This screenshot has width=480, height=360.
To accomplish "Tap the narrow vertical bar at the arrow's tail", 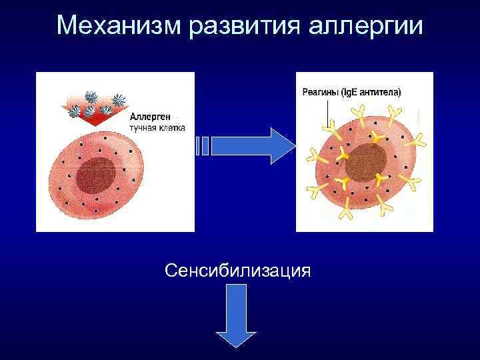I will (x=197, y=146).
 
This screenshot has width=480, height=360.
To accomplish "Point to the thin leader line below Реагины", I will (x=327, y=113).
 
